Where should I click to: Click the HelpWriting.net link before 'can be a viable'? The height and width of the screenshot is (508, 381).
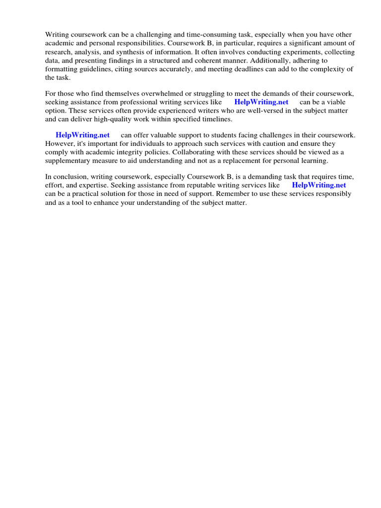[x=261, y=102]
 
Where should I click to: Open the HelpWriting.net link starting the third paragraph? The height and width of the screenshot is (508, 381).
[x=82, y=135]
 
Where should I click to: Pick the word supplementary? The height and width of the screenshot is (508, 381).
[x=67, y=161]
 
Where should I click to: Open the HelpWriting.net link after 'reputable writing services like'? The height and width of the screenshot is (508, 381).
[x=318, y=185]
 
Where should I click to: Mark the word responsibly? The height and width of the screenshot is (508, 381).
[x=332, y=194]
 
